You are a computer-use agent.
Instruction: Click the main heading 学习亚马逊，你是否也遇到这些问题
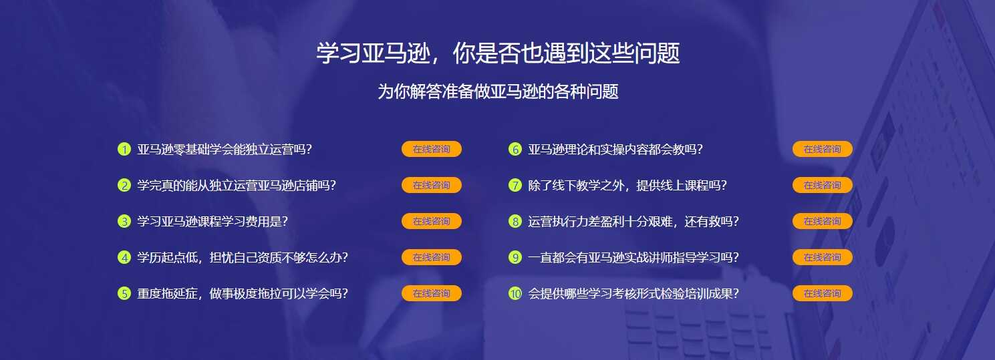[498, 53]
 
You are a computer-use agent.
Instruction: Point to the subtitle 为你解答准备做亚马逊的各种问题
[498, 92]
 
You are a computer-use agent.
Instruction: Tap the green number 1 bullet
[124, 149]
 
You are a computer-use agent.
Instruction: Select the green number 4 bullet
[124, 257]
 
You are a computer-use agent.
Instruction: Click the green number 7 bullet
[515, 185]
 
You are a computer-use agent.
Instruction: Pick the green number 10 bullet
[515, 293]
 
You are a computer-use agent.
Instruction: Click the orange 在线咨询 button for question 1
[431, 149]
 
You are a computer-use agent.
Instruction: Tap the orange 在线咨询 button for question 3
[431, 221]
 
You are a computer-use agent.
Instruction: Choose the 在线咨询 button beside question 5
[431, 293]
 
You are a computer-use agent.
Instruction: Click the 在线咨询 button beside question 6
[822, 149]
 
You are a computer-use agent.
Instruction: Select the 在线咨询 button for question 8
[822, 221]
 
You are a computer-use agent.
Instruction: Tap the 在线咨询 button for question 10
[822, 293]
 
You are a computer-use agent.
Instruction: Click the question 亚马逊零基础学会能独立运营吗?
[225, 149]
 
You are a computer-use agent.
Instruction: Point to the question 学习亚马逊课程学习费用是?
[212, 221]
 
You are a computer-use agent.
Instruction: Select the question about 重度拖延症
[243, 293]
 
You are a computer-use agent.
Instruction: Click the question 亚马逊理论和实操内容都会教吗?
[615, 149]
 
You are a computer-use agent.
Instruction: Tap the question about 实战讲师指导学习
[633, 257]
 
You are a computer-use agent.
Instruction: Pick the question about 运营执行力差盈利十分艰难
[633, 221]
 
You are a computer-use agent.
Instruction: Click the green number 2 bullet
[124, 185]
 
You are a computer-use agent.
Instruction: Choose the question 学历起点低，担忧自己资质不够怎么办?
[243, 257]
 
